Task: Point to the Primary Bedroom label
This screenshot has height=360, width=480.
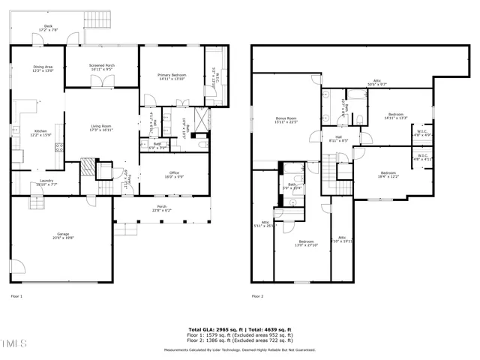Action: coord(171,76)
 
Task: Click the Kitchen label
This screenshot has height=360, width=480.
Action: coord(39,133)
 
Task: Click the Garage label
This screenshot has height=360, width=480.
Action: coord(63,235)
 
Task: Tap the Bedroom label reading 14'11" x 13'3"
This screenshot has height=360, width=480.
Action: coord(395,115)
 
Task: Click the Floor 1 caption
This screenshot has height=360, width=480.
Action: coord(16,297)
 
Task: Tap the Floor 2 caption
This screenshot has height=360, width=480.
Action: coord(257,297)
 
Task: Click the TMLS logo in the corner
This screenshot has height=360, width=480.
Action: coord(12,344)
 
